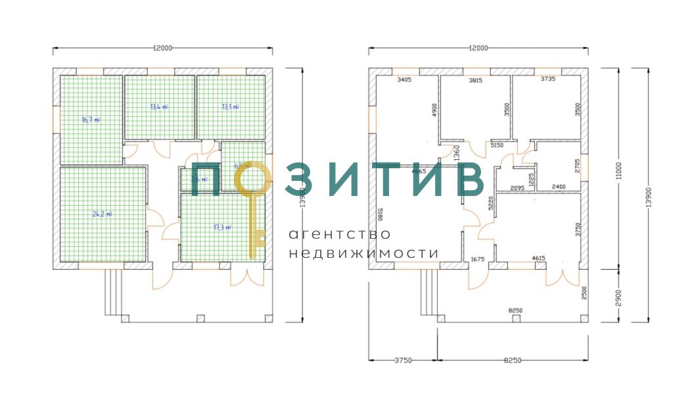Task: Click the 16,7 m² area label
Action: [x=91, y=120]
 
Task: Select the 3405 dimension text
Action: [x=404, y=80]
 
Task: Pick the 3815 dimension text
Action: [x=475, y=80]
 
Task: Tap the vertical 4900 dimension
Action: [x=434, y=109]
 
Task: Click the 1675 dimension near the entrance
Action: [x=478, y=260]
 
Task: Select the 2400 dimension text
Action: [x=559, y=187]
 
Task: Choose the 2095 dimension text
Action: [x=517, y=187]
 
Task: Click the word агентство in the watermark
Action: [x=340, y=234]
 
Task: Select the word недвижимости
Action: [x=363, y=253]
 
